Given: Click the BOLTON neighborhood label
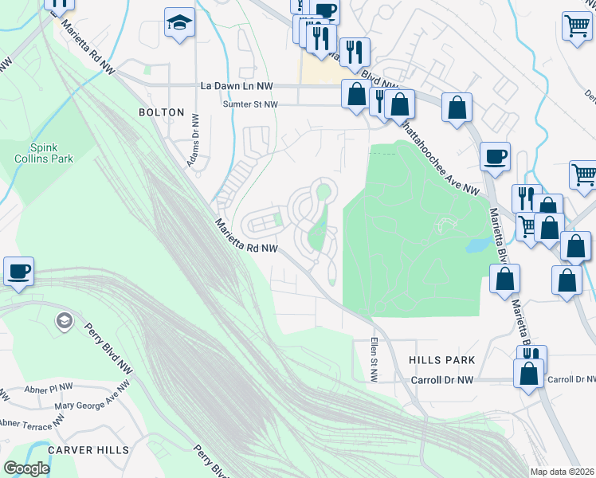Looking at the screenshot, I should coord(161,113).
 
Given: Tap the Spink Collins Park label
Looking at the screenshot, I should coord(52,153).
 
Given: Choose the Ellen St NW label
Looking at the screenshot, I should coord(373,358).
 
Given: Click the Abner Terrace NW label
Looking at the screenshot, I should coord(32,421).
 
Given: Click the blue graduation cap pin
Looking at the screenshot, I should coord(179,23).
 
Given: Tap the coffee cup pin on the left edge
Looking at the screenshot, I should coord(18,271).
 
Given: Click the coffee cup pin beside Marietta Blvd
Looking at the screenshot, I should coord(495,156).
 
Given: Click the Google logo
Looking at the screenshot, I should coord(26,468).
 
